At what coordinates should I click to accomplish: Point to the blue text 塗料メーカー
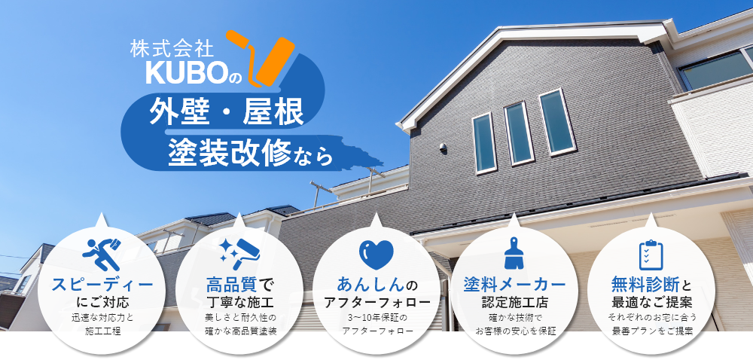coord(515,285)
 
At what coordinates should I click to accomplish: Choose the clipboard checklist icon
coord(650,255)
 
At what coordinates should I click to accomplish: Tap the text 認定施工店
coord(515,302)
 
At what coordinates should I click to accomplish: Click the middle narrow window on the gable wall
coord(519,133)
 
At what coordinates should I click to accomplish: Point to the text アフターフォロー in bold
coord(376,302)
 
